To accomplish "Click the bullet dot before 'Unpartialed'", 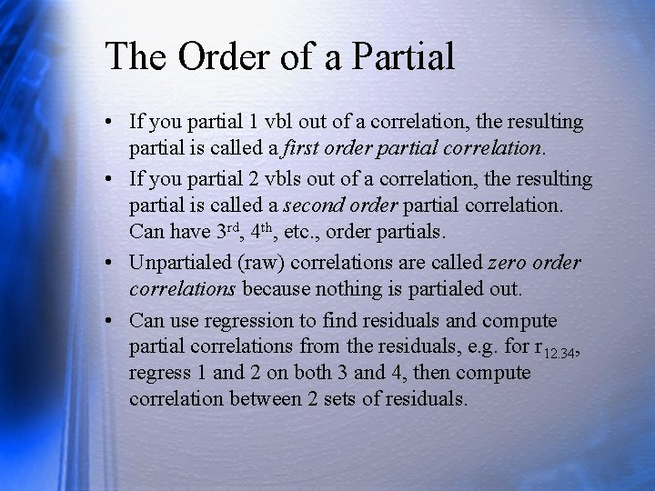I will tap(109, 264).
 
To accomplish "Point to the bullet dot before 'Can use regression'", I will tap(109, 322).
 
